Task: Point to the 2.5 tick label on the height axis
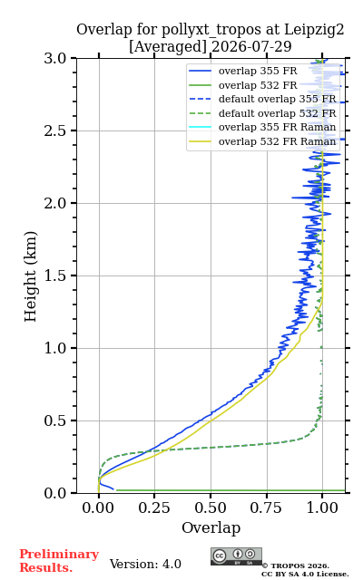pyautogui.click(x=55, y=130)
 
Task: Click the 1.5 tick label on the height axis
pyautogui.click(x=55, y=275)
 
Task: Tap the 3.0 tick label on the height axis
pyautogui.click(x=55, y=58)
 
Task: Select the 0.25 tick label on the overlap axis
pyautogui.click(x=154, y=507)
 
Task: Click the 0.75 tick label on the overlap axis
pyautogui.click(x=266, y=507)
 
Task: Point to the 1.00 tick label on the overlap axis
pyautogui.click(x=322, y=507)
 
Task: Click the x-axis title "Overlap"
pyautogui.click(x=211, y=527)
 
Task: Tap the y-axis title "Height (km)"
pyautogui.click(x=31, y=276)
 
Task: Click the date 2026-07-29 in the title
pyautogui.click(x=252, y=47)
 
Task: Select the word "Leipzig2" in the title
pyautogui.click(x=314, y=30)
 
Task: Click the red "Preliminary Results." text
pyautogui.click(x=59, y=561)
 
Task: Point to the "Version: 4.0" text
pyautogui.click(x=145, y=565)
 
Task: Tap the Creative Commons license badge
pyautogui.click(x=236, y=556)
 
